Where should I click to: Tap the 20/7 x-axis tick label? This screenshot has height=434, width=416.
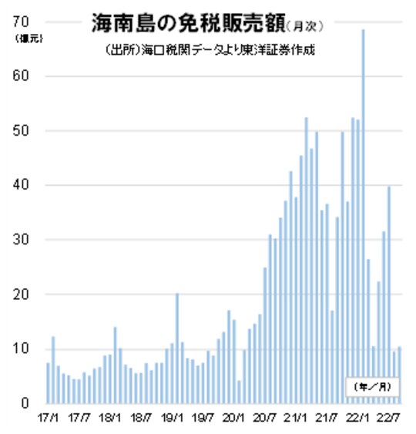(264, 419)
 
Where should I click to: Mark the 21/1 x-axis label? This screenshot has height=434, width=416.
(296, 419)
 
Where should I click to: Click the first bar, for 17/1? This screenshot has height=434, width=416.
(48, 383)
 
